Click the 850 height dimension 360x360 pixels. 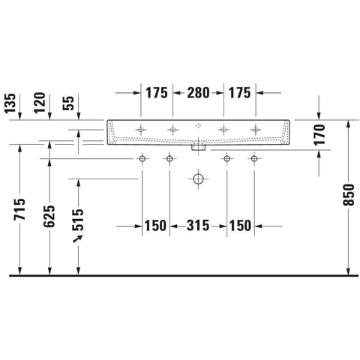tap(349, 195)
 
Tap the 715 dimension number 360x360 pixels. tap(19, 209)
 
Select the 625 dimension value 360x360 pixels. tap(49, 216)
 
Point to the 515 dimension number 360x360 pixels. tap(78, 220)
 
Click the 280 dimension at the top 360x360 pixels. tap(198, 93)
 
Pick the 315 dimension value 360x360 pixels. tap(198, 226)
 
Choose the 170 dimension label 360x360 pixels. tap(319, 134)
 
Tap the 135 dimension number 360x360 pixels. tap(10, 103)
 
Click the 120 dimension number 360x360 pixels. tap(40, 103)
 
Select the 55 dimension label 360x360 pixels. tap(68, 103)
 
